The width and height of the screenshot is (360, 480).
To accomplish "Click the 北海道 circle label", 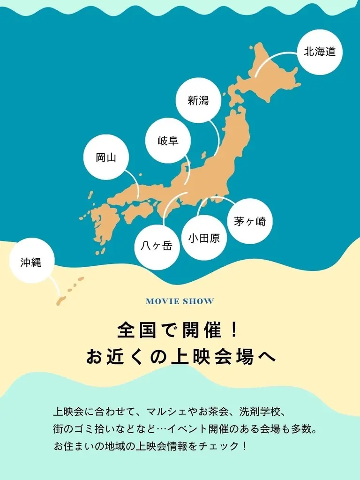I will point(320,52).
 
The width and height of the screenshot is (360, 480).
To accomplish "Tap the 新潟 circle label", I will point(198,100).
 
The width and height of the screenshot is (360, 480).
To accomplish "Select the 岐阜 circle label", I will point(168,140).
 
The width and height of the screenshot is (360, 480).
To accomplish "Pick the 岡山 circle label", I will point(106,157).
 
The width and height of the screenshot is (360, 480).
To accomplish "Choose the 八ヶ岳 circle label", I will point(157,247).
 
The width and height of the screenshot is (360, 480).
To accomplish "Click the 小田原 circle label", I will point(204,238).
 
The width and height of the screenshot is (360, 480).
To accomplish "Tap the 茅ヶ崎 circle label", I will point(250,221).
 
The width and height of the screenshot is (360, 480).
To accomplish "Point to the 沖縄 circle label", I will point(31,262).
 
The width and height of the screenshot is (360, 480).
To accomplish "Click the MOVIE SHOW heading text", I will point(180,301).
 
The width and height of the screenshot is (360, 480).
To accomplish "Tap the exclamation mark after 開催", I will point(235,331).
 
